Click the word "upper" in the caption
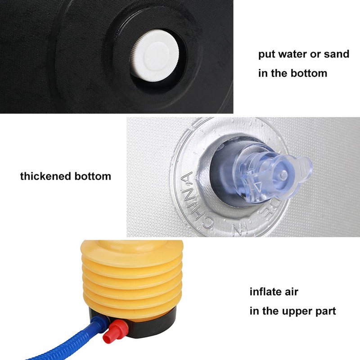pos(301,311)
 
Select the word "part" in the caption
pos(325,311)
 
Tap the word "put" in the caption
pos(266,54)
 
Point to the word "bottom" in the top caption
pos(309,73)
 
